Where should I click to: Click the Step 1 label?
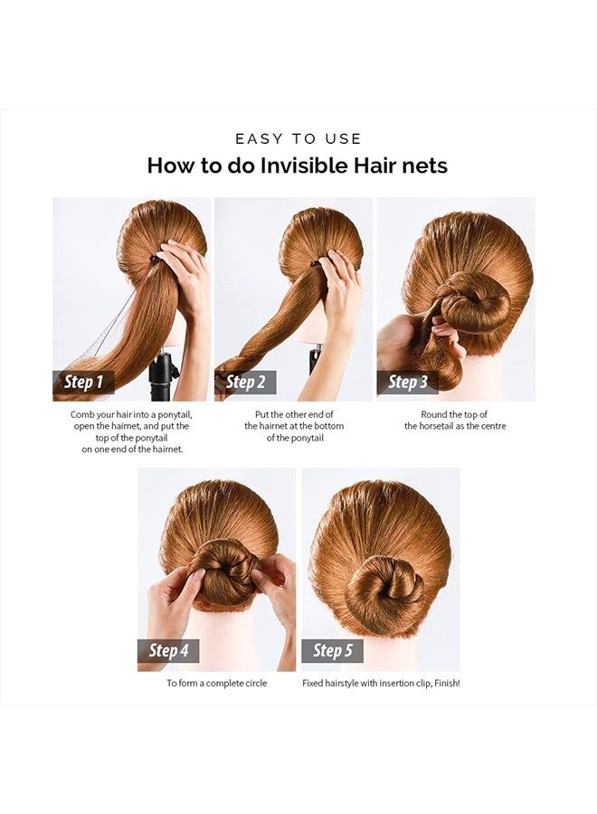click(x=84, y=382)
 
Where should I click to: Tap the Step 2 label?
click(x=246, y=382)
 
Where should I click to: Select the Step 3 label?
click(x=408, y=382)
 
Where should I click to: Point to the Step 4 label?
click(x=169, y=650)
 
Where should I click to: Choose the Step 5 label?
click(x=333, y=650)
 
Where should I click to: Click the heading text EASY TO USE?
click(x=298, y=138)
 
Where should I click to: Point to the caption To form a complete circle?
click(x=216, y=683)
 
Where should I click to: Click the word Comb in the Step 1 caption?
click(x=83, y=413)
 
